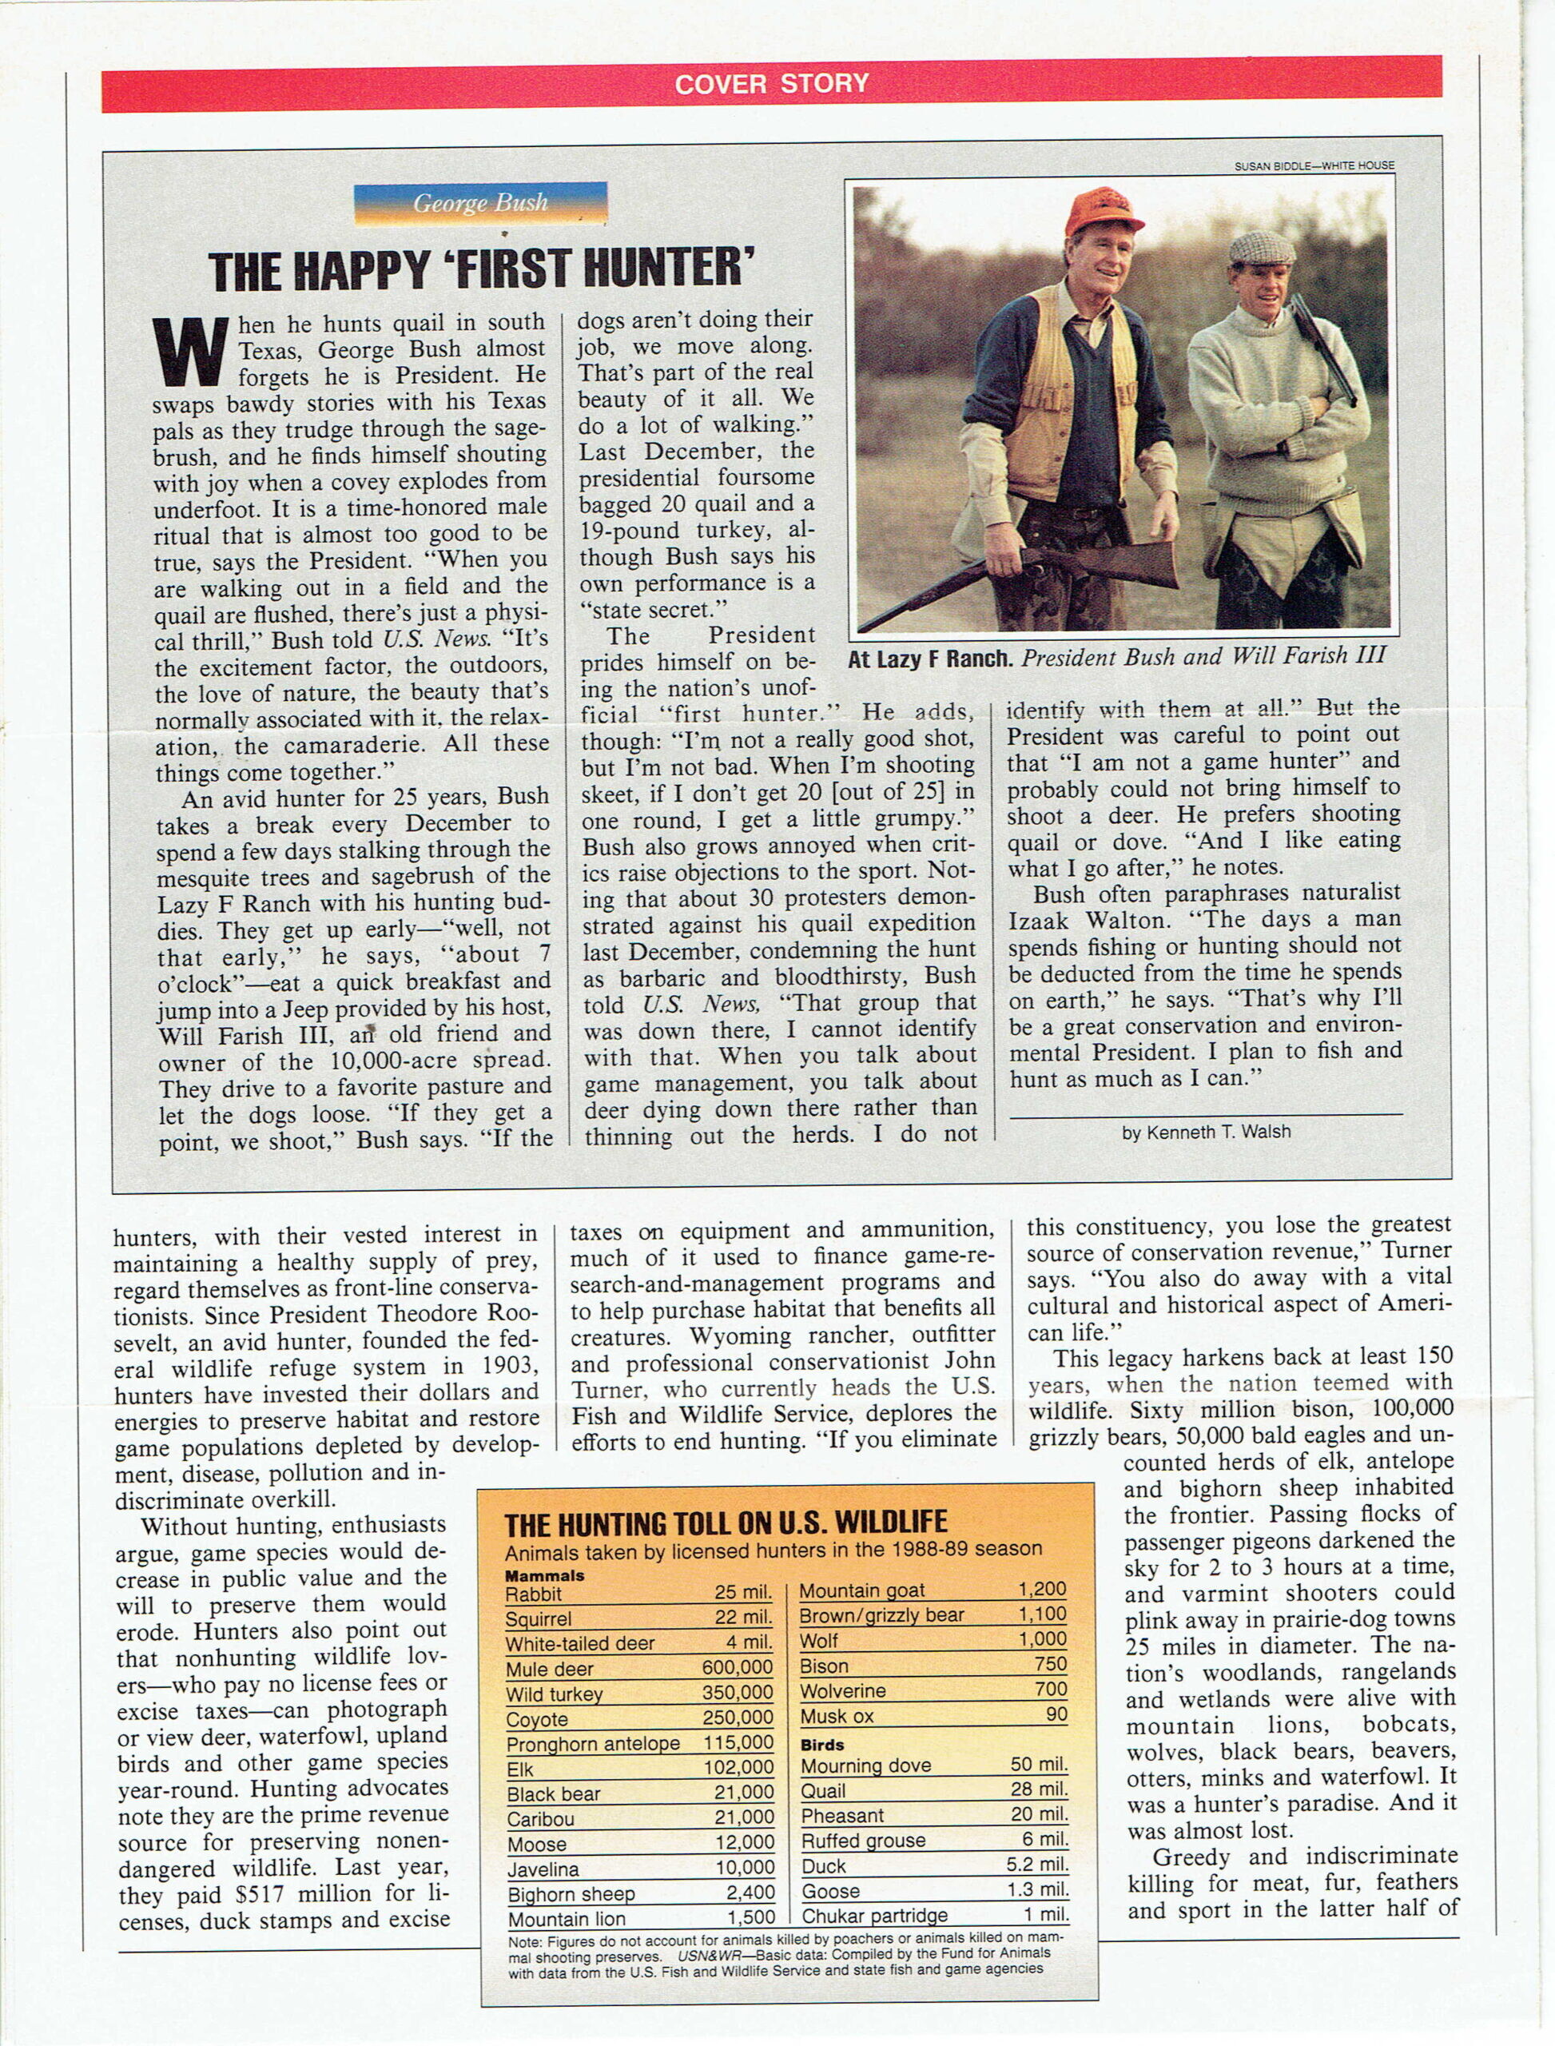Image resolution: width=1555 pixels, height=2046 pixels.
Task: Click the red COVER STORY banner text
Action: tap(771, 83)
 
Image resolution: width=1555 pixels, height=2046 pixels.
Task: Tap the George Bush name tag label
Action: tap(479, 203)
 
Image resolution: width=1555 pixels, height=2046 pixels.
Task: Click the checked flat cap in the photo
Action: tap(1261, 247)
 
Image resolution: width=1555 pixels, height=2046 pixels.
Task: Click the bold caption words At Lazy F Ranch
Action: tap(930, 659)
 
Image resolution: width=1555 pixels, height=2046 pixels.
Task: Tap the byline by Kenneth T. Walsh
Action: tap(1205, 1132)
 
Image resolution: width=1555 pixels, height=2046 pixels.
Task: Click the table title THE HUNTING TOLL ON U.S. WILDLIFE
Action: tap(726, 1523)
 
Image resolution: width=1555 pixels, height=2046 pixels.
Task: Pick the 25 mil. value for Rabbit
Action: tap(742, 1592)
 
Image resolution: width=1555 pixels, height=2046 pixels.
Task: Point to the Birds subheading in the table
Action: tap(822, 1744)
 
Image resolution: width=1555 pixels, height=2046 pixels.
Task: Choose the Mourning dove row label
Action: tap(865, 1765)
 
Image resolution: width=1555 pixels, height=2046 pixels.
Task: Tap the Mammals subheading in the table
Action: tap(544, 1574)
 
